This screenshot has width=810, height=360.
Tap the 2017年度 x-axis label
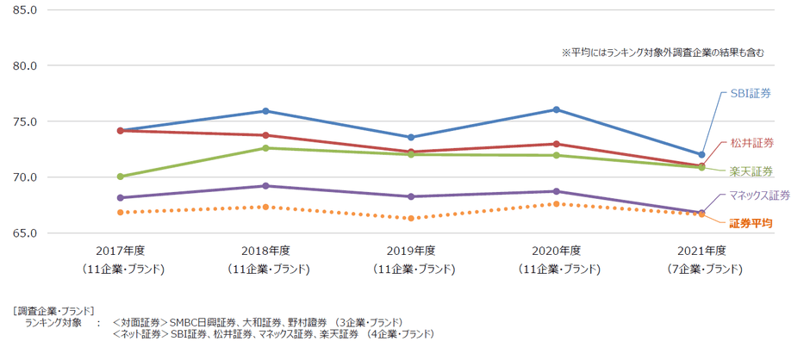(x=121, y=251)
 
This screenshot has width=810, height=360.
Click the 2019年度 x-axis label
(x=411, y=251)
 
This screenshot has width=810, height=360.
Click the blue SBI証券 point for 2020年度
(x=557, y=109)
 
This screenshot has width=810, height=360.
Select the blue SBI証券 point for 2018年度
(x=266, y=111)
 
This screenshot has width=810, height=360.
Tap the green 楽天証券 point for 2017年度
(x=121, y=177)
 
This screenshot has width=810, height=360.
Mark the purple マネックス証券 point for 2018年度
(x=266, y=186)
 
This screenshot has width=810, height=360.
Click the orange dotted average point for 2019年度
(x=411, y=219)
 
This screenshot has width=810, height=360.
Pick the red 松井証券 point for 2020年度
(x=557, y=144)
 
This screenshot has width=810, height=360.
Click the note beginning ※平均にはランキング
(x=663, y=53)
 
